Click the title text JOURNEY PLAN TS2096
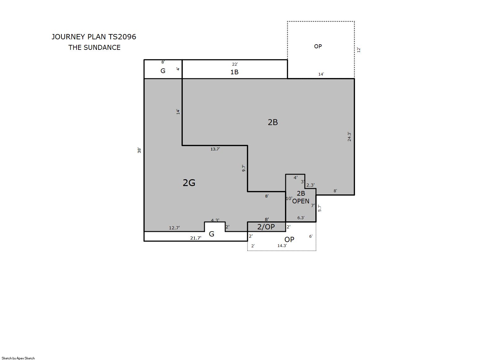tap(94, 37)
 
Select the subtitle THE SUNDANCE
tap(94, 48)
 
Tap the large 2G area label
tap(189, 183)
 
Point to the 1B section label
tap(234, 72)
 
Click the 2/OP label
tap(266, 227)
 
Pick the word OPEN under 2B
tap(301, 201)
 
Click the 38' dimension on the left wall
tap(139, 150)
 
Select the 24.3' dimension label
tap(349, 137)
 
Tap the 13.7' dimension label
tap(215, 149)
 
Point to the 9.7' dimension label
tap(243, 168)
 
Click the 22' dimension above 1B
tap(235, 64)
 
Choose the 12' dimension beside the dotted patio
tap(359, 50)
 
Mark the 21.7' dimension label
tap(195, 238)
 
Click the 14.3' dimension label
tap(282, 245)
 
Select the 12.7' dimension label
tap(174, 228)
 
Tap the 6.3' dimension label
tap(301, 218)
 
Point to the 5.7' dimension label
tap(319, 208)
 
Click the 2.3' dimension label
tap(310, 185)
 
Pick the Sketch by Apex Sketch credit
tap(18, 358)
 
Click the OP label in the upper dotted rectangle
tap(318, 46)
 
